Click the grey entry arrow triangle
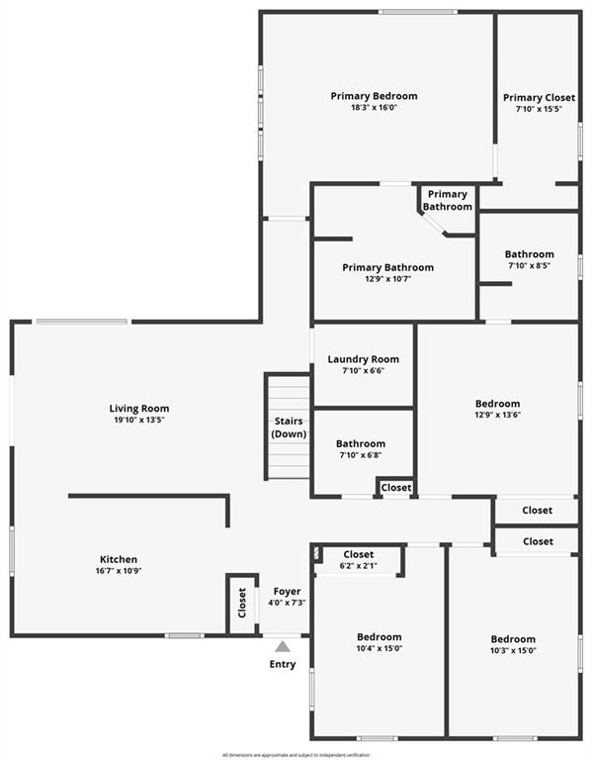click(283, 646)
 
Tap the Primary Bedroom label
click(374, 96)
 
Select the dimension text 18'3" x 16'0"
click(374, 108)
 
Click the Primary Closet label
click(539, 97)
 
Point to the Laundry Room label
click(363, 359)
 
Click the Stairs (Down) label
click(289, 427)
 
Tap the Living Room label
click(139, 408)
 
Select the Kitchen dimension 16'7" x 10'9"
click(119, 571)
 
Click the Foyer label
click(287, 592)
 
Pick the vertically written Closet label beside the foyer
click(242, 603)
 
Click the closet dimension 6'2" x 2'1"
click(358, 566)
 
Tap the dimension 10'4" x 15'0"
click(380, 648)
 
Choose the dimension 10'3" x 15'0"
click(513, 650)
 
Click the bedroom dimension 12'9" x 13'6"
click(497, 415)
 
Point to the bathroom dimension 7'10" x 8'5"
click(529, 265)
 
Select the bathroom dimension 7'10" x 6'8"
click(361, 455)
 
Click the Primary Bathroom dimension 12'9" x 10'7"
click(387, 279)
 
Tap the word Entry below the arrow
click(283, 664)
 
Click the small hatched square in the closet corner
click(317, 553)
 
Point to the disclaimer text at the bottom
click(296, 755)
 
